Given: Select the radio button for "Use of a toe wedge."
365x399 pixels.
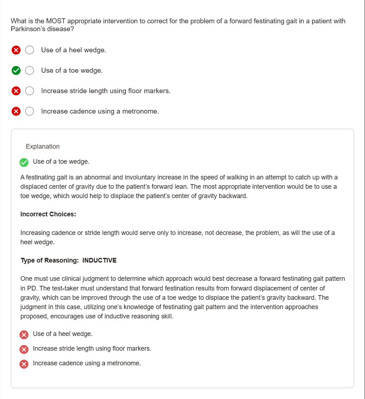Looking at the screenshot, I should pos(30,71).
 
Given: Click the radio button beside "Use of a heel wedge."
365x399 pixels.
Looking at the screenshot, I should pos(30,50).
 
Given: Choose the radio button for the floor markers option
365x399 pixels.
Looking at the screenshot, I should pos(30,91).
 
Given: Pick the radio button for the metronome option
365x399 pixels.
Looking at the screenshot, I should pos(30,111).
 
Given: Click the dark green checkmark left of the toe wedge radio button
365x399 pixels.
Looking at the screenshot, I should pos(16,71).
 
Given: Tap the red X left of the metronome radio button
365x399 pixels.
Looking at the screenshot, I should pos(16,111).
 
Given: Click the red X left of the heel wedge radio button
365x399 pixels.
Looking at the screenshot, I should pos(16,50).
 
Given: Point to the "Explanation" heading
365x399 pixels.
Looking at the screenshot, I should pos(43,146).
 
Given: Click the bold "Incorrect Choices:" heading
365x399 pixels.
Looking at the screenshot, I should pos(48,214).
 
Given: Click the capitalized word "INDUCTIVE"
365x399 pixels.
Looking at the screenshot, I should pos(99,260).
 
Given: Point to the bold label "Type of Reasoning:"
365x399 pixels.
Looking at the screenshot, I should pos(49,260).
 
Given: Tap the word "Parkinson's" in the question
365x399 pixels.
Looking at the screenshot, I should pos(28,29).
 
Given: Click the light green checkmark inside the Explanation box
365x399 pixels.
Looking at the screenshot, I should pos(24,162).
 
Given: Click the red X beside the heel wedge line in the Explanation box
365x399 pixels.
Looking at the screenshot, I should pos(24,335).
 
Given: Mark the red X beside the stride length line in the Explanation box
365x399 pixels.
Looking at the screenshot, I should pos(24,349).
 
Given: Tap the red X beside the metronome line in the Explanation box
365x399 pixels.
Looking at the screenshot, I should pos(24,364).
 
